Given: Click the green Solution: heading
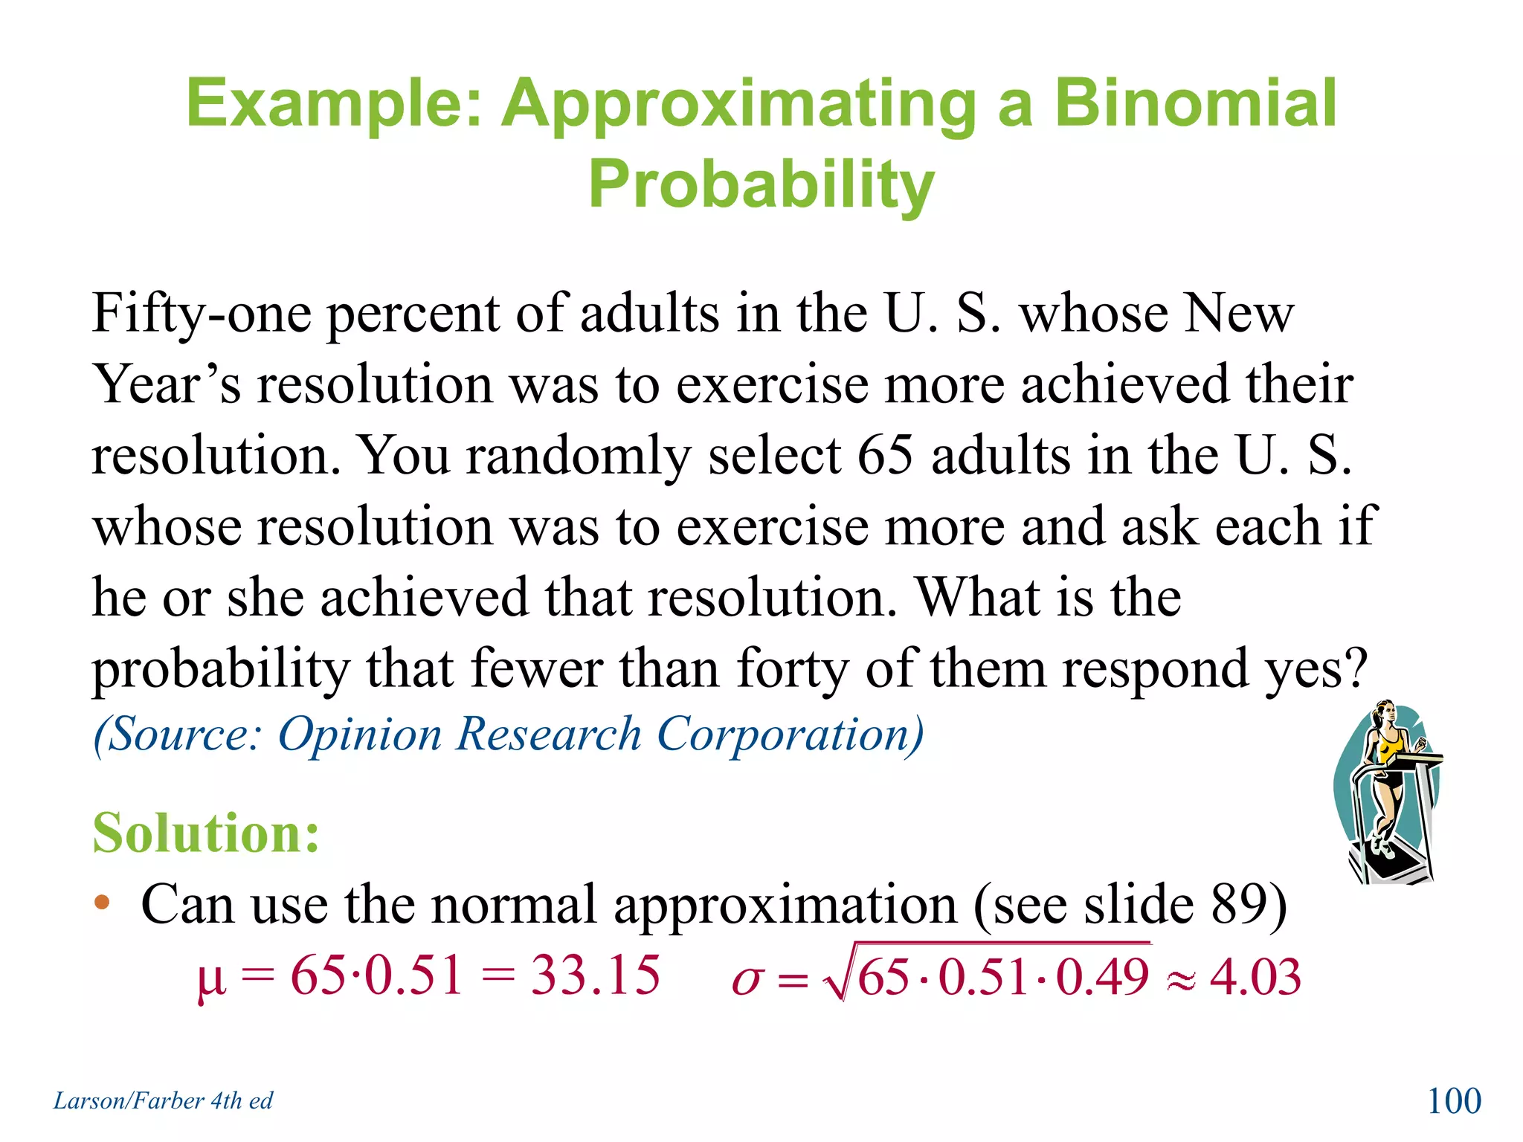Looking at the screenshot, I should [x=206, y=832].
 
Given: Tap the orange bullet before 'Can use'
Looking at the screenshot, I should [x=102, y=903].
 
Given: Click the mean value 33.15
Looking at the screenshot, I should [x=595, y=975].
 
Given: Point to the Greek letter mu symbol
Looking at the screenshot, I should [x=210, y=980].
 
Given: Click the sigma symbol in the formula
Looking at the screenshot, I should [x=747, y=980].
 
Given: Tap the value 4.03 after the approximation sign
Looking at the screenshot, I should [x=1255, y=976].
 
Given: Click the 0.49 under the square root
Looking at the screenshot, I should [x=1102, y=976].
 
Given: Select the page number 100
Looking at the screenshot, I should [x=1454, y=1100].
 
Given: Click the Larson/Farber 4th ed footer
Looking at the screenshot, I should [x=163, y=1100].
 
